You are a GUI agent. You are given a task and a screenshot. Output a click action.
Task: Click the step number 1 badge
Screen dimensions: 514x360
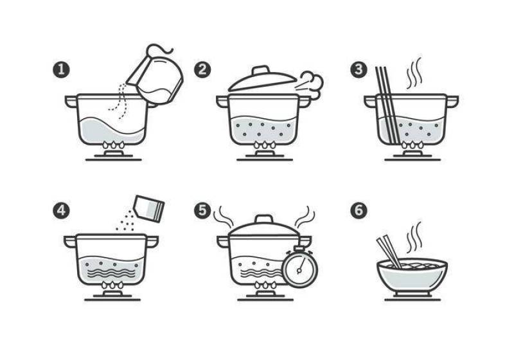pyautogui.click(x=61, y=69)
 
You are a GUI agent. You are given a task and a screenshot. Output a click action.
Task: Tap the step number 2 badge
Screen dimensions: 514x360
pyautogui.click(x=202, y=69)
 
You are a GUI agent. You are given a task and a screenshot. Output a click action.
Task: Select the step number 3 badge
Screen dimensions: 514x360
pyautogui.click(x=359, y=69)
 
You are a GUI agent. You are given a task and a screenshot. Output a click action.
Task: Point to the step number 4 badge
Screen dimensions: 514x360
pyautogui.click(x=61, y=210)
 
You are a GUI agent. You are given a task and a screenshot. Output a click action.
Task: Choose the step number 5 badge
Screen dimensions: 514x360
pyautogui.click(x=202, y=210)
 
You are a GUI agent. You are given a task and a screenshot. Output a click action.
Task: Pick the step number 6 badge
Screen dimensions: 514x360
pyautogui.click(x=359, y=210)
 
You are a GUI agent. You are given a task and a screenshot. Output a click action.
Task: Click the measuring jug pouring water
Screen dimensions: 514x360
pyautogui.click(x=157, y=77)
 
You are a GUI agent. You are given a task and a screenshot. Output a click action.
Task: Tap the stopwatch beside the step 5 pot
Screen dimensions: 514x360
pyautogui.click(x=300, y=265)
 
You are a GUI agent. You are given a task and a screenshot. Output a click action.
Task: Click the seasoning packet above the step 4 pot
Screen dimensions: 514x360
pyautogui.click(x=149, y=208)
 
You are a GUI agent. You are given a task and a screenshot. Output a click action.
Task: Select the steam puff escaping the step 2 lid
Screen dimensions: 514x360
pyautogui.click(x=312, y=84)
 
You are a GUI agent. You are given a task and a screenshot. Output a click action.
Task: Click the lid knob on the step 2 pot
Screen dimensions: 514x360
pyautogui.click(x=261, y=70)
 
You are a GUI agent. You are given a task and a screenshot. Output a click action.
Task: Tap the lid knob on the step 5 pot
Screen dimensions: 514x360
pyautogui.click(x=264, y=219)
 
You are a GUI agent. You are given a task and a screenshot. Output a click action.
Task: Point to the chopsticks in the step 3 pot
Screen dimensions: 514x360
pyautogui.click(x=387, y=105)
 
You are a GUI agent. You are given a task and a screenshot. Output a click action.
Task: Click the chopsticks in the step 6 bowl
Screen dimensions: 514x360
pyautogui.click(x=389, y=252)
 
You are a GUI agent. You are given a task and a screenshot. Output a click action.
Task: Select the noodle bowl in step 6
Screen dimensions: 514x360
pyautogui.click(x=412, y=275)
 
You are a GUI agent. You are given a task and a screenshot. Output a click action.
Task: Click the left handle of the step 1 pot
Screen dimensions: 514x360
pyautogui.click(x=71, y=101)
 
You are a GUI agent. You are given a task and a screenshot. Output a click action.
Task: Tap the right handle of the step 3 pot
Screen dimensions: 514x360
pyautogui.click(x=452, y=101)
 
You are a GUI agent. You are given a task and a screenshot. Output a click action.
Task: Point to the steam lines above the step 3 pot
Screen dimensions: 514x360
pyautogui.click(x=414, y=73)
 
